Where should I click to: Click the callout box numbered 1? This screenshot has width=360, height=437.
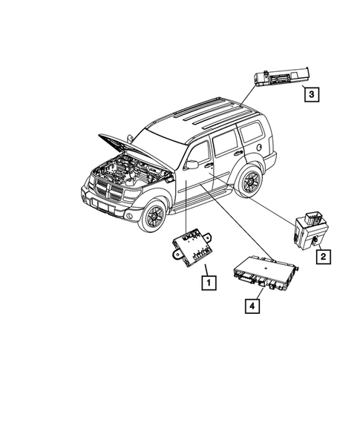208,282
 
